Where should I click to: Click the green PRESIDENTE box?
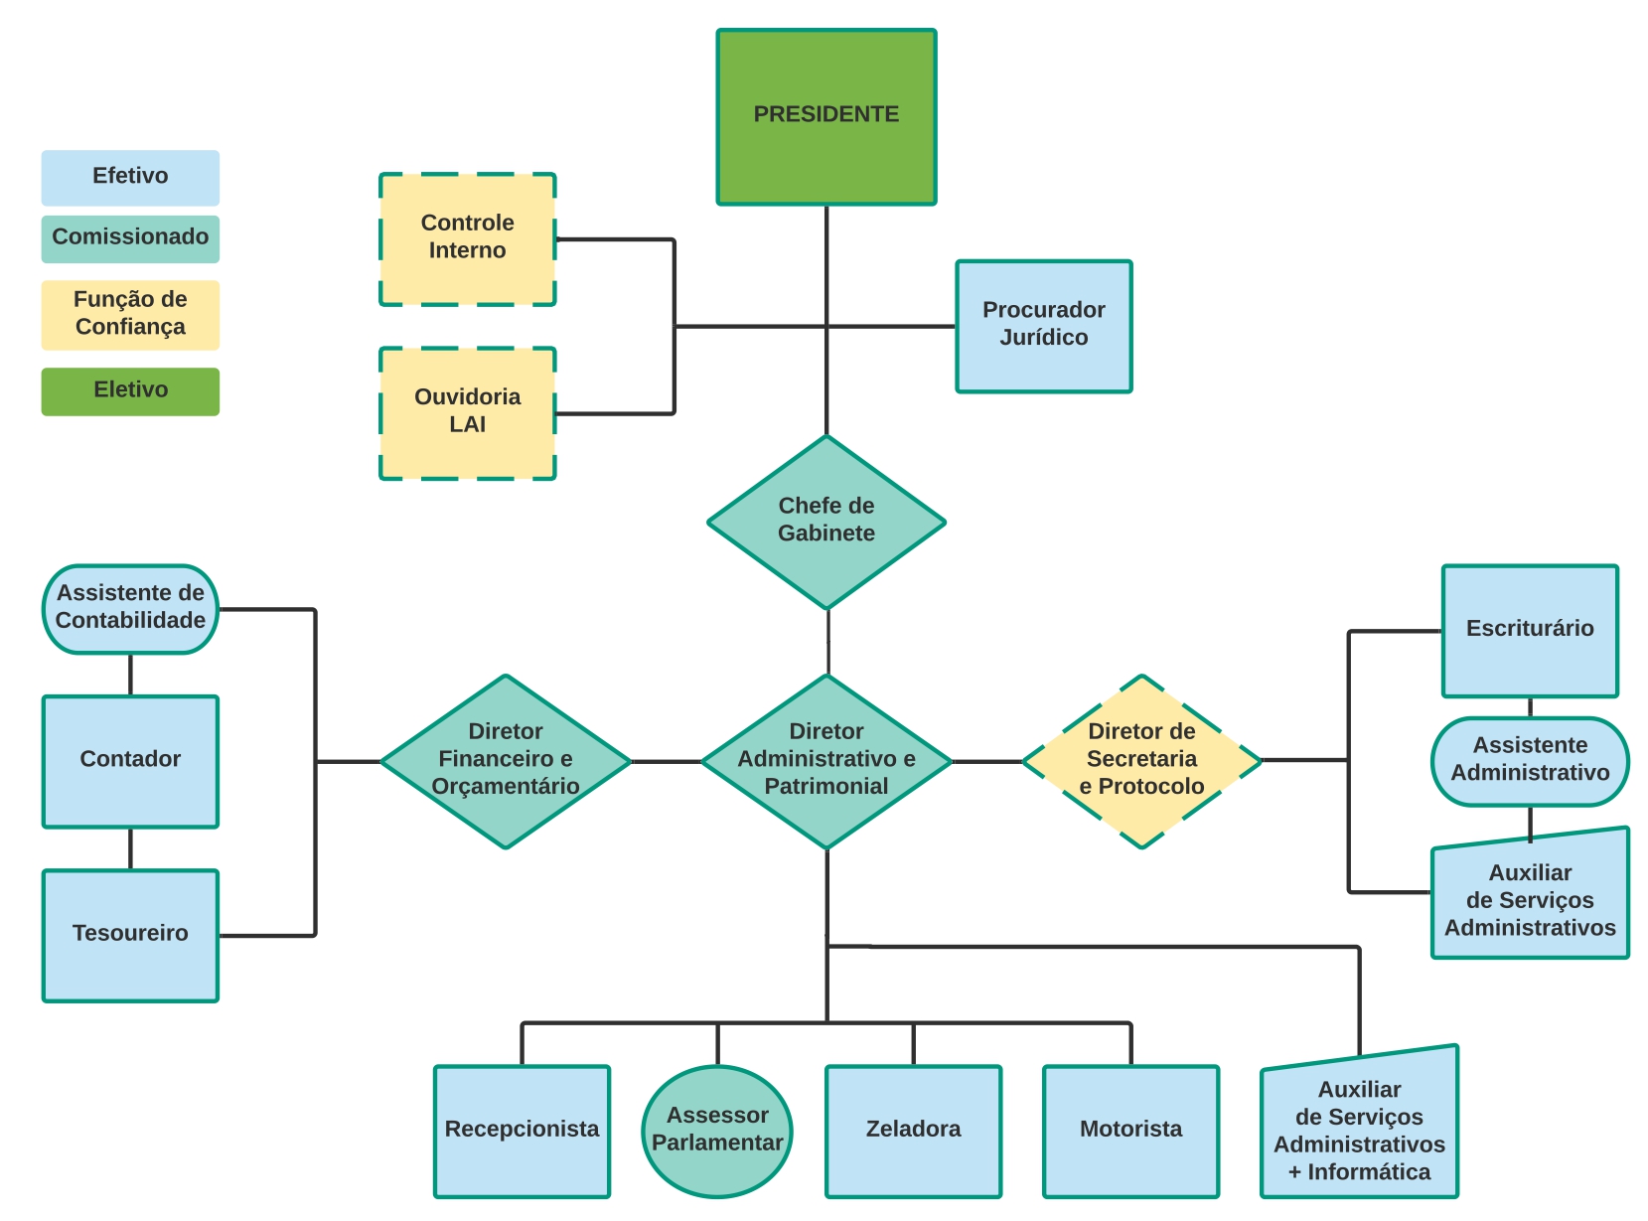(825, 117)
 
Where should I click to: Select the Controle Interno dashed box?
(467, 239)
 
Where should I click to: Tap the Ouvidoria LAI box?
(467, 413)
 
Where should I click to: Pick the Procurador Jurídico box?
(1043, 326)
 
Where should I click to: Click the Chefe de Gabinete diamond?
(825, 522)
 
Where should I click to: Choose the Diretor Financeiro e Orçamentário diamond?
(506, 761)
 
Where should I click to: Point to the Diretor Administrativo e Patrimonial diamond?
(825, 761)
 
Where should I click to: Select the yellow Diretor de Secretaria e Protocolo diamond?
(1141, 761)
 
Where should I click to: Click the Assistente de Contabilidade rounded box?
(130, 609)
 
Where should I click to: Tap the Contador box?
(130, 761)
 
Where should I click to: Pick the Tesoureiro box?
(130, 935)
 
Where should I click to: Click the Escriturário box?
(1530, 631)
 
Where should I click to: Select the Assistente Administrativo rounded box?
(1530, 761)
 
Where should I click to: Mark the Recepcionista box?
(522, 1131)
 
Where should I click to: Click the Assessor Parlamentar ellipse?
(717, 1131)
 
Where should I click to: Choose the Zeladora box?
(913, 1131)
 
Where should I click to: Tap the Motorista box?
(1130, 1131)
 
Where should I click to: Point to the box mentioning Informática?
(1359, 1131)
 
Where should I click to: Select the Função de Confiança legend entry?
(130, 315)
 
